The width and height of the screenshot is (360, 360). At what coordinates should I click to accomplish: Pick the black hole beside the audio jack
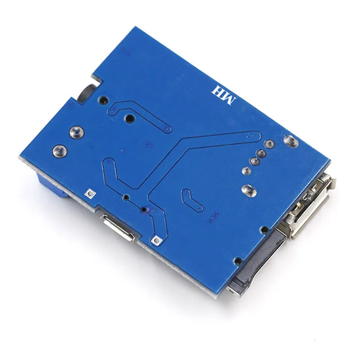click(x=104, y=100)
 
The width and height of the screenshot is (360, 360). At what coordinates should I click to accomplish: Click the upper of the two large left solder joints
click(x=76, y=132)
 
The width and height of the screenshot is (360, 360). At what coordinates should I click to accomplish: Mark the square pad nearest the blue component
click(x=90, y=193)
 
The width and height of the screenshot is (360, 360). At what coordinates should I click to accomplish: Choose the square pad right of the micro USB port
click(x=156, y=240)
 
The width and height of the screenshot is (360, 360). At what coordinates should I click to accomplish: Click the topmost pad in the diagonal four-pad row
click(x=270, y=144)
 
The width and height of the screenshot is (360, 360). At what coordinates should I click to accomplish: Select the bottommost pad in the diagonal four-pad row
click(x=246, y=171)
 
